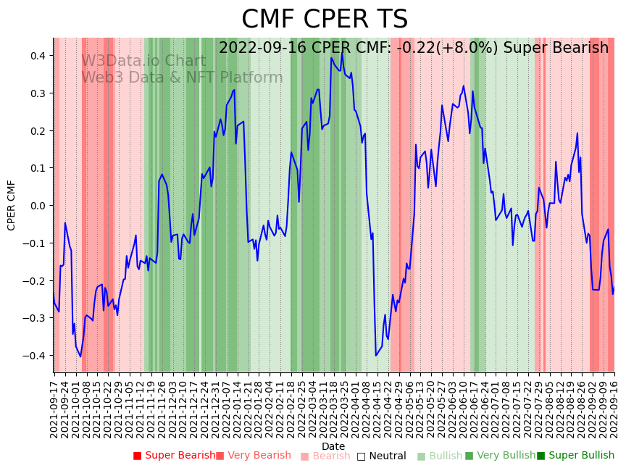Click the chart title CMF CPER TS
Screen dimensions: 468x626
pos(325,20)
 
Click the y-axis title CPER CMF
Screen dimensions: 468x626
pos(12,205)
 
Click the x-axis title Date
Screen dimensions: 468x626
pos(333,446)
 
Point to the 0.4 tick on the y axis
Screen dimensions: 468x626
pos(38,56)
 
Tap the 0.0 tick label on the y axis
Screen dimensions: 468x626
pos(38,206)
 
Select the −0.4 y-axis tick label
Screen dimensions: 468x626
pos(36,356)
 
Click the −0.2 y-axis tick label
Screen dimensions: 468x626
pos(36,280)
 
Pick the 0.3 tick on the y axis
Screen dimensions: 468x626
pos(38,93)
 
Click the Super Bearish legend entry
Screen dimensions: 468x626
pos(174,456)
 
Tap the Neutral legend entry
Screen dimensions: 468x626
pos(381,456)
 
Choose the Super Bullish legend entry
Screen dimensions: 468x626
pos(575,456)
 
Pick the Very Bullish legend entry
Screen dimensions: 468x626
pos(500,456)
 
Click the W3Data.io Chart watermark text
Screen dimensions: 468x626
pos(143,61)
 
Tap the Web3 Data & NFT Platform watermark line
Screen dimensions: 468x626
pos(182,78)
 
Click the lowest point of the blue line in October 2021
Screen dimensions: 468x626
pos(80,356)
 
